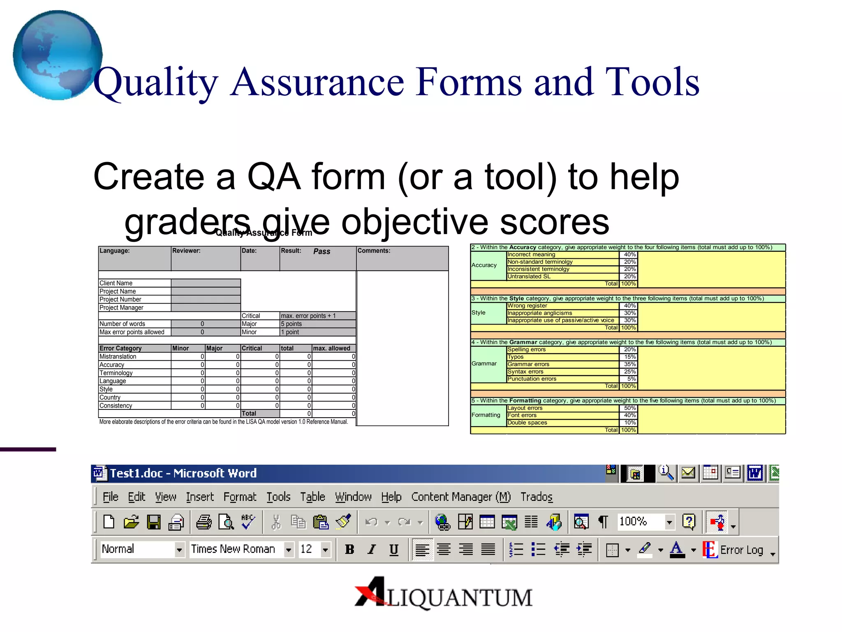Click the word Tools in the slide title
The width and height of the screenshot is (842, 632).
tap(652, 82)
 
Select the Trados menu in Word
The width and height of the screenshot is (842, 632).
tap(536, 497)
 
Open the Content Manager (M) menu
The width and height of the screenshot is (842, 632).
tap(460, 497)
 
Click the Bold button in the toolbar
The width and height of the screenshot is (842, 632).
tap(349, 549)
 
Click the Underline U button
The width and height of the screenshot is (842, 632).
tap(393, 549)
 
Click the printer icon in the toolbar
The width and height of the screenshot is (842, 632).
tap(204, 522)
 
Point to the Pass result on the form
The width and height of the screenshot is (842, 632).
tap(322, 251)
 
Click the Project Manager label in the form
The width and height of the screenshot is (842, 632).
tap(121, 308)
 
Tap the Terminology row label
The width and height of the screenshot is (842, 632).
tap(116, 373)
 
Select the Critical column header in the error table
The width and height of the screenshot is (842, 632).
tap(252, 349)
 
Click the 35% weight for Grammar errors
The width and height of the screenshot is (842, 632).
tap(629, 364)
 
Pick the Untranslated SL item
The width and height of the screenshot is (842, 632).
tap(529, 276)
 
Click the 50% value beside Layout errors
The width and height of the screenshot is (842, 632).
tap(629, 408)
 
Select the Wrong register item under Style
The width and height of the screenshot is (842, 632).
tap(527, 306)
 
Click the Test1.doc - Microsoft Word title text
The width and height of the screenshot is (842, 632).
tap(183, 473)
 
